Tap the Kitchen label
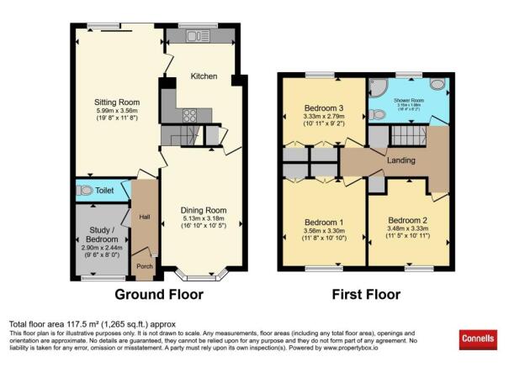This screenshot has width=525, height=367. click(x=204, y=76)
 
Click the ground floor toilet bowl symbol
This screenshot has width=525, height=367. click(x=84, y=191)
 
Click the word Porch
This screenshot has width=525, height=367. click(x=146, y=268)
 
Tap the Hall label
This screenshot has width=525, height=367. click(x=145, y=218)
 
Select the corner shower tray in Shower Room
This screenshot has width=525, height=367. click(x=378, y=87)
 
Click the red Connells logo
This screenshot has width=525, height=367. click(x=477, y=339)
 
